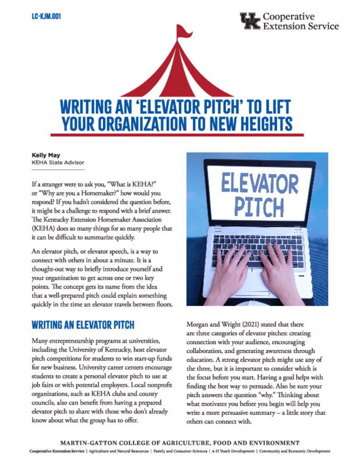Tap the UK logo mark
pos(250,21)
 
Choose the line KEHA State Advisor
pos(58,162)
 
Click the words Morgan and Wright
pos(211,325)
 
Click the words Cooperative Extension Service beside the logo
pos(301,21)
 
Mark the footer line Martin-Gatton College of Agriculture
pos(180,443)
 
